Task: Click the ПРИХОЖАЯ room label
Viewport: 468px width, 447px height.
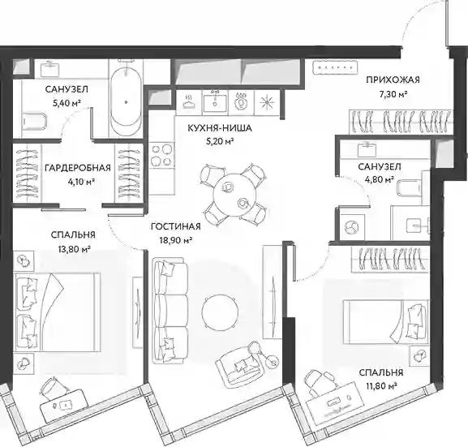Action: [x=393, y=80]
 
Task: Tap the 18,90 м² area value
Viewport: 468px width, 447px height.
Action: [x=175, y=240]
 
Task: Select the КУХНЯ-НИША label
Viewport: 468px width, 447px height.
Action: [x=220, y=128]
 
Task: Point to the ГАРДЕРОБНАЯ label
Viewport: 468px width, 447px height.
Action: [x=78, y=168]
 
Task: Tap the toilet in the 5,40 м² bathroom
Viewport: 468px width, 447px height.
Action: [x=34, y=122]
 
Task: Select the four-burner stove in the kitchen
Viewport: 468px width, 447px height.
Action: [x=162, y=155]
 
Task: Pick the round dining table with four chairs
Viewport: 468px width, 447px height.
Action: [x=234, y=195]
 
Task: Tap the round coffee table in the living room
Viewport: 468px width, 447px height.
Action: [x=220, y=312]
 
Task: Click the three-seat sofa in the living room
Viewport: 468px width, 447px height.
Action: [x=170, y=311]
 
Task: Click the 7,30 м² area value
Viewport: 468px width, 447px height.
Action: [x=393, y=94]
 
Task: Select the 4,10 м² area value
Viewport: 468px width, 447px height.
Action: [x=81, y=183]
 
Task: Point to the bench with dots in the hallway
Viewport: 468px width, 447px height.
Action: [x=335, y=67]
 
